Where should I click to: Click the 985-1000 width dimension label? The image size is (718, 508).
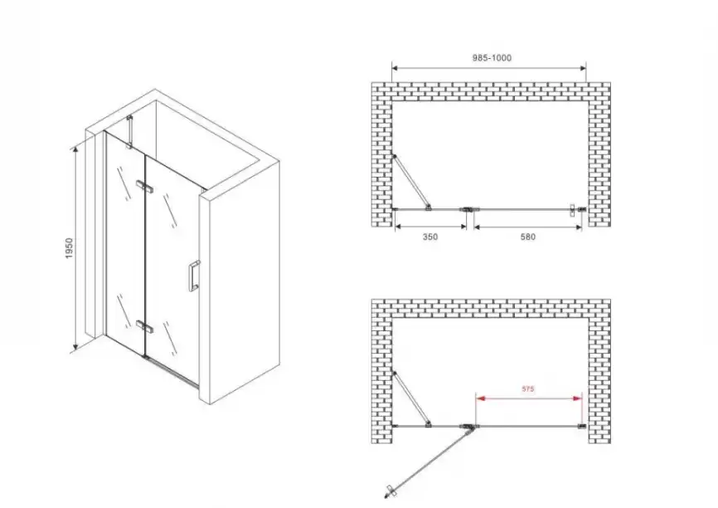click(x=492, y=58)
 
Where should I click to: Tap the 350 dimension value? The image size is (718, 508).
click(x=430, y=237)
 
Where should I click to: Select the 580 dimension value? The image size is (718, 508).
click(x=527, y=237)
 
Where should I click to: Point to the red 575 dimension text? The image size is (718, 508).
click(x=528, y=388)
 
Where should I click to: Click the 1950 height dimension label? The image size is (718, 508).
click(x=69, y=248)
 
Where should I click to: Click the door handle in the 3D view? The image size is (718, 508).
click(x=193, y=276)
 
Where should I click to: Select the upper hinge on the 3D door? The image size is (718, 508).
click(x=144, y=186)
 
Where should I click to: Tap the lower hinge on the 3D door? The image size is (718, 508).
click(x=144, y=326)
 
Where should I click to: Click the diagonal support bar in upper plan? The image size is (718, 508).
click(x=411, y=182)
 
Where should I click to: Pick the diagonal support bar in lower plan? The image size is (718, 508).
click(x=411, y=399)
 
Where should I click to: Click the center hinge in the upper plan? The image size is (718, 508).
click(x=468, y=209)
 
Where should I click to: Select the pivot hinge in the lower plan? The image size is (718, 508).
click(x=468, y=427)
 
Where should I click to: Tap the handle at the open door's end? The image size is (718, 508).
click(x=391, y=491)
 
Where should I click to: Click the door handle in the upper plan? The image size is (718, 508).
click(x=572, y=210)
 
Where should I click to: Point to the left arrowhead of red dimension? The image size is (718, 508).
click(x=480, y=398)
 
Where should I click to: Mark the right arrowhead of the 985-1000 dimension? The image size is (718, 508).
click(x=583, y=68)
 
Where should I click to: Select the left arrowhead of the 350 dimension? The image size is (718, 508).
click(x=398, y=226)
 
